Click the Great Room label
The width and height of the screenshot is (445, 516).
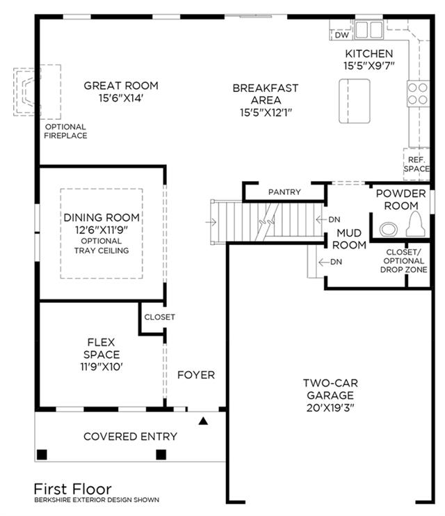click(121, 86)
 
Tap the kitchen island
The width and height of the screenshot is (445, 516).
click(355, 101)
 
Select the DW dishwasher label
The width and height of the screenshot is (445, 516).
click(342, 35)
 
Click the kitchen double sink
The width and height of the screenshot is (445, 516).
click(369, 30)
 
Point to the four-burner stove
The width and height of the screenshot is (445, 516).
click(418, 93)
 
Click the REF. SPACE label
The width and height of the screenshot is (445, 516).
click(416, 164)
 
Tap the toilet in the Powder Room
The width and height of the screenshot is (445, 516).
click(415, 224)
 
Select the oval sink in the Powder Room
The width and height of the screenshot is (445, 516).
click(389, 229)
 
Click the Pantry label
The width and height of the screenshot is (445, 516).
click(284, 192)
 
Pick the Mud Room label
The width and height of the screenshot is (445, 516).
click(349, 239)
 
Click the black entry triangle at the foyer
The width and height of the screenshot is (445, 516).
click(203, 421)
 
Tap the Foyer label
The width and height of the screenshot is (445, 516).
click(196, 375)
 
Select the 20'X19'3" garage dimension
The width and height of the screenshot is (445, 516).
click(330, 408)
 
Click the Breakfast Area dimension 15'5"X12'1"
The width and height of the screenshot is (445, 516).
click(266, 113)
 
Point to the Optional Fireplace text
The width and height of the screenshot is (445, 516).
click(65, 131)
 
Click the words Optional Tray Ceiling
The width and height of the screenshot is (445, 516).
click(102, 246)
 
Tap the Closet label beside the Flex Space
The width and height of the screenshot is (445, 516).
click(159, 317)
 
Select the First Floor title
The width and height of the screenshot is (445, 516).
click(72, 489)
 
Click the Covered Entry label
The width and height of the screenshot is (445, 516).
click(130, 437)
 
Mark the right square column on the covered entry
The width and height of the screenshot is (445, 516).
click(161, 455)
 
